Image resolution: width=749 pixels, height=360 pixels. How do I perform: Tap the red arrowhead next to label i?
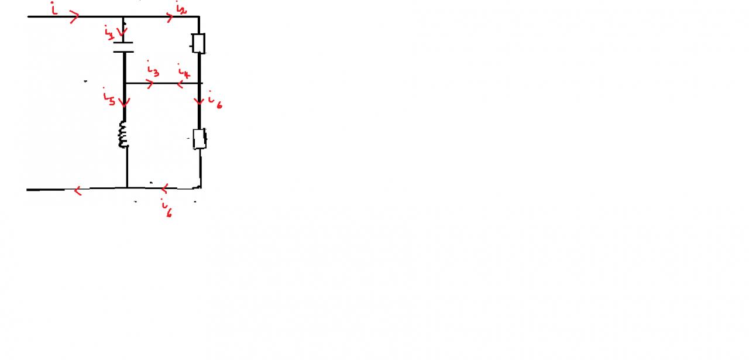click(74, 18)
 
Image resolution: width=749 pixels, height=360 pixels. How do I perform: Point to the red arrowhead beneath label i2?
click(170, 18)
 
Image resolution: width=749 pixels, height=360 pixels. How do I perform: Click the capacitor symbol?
click(123, 47)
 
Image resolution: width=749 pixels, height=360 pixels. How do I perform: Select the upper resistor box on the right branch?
click(199, 43)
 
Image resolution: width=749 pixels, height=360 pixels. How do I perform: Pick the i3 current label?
click(152, 70)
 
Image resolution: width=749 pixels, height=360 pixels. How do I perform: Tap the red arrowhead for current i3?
click(150, 84)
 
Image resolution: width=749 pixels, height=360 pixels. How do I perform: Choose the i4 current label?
click(183, 74)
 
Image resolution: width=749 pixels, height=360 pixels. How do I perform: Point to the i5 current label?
click(109, 97)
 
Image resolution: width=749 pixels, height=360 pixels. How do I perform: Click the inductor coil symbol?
click(123, 134)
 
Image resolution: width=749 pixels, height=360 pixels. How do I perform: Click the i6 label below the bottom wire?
click(167, 210)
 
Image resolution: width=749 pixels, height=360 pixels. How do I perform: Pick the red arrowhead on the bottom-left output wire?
click(78, 190)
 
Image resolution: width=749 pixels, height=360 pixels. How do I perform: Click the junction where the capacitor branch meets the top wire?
click(124, 17)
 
